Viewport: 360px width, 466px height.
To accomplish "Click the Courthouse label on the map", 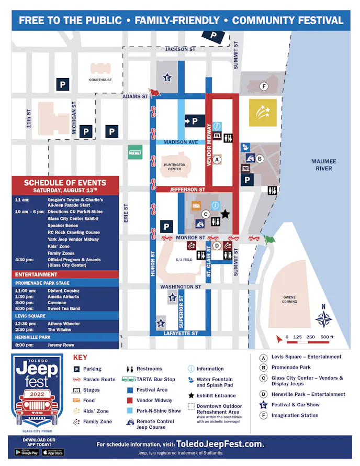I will coord(100,80).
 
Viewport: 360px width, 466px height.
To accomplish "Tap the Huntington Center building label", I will coord(174,167).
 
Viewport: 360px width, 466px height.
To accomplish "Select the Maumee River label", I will coord(324,165).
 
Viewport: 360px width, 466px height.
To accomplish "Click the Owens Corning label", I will coord(289,299).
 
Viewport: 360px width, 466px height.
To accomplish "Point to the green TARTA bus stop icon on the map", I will coord(135,153).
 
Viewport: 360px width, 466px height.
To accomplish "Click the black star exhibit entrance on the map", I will coord(225,213).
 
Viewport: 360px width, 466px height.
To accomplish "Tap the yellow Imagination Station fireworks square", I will coord(263,113).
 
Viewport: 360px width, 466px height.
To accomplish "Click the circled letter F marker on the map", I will coord(264,86).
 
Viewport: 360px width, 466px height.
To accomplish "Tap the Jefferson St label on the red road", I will coord(187,190).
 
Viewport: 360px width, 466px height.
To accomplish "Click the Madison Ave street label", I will coord(181,142).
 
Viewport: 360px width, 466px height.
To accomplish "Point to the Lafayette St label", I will coord(180,334).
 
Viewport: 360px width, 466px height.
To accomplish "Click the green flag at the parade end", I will coord(269,240).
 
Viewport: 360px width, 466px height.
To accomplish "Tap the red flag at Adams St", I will coord(155,94).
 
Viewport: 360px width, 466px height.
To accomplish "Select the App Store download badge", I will coord(52,452).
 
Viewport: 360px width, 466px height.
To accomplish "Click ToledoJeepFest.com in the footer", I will coord(220,444).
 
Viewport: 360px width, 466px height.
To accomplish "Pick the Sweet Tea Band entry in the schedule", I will coord(64,309).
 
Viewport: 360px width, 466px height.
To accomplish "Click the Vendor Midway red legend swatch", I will coord(129,401).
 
